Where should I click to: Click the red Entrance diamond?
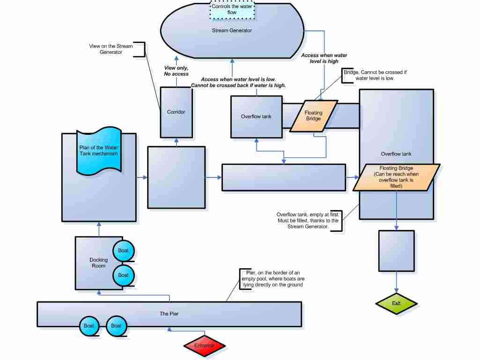click(205, 345)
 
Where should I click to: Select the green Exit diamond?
click(396, 303)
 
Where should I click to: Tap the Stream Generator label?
click(232, 30)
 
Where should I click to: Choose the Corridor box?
click(177, 112)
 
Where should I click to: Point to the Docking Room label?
click(98, 263)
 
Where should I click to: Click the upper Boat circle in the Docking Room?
click(123, 251)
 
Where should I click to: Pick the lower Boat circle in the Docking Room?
click(123, 275)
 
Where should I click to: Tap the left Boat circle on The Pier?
click(89, 326)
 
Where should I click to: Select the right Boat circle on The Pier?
click(116, 326)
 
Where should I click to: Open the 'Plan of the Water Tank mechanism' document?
click(98, 151)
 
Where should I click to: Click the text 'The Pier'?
click(169, 314)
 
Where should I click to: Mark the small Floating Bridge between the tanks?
click(313, 116)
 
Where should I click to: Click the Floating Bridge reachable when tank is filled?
click(397, 177)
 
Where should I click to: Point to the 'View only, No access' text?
click(176, 71)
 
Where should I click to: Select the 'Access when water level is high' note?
click(324, 58)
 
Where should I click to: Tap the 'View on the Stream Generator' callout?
click(111, 49)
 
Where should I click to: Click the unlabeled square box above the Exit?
click(397, 251)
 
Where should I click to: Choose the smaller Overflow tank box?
click(257, 117)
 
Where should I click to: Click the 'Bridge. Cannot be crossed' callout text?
click(375, 75)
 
